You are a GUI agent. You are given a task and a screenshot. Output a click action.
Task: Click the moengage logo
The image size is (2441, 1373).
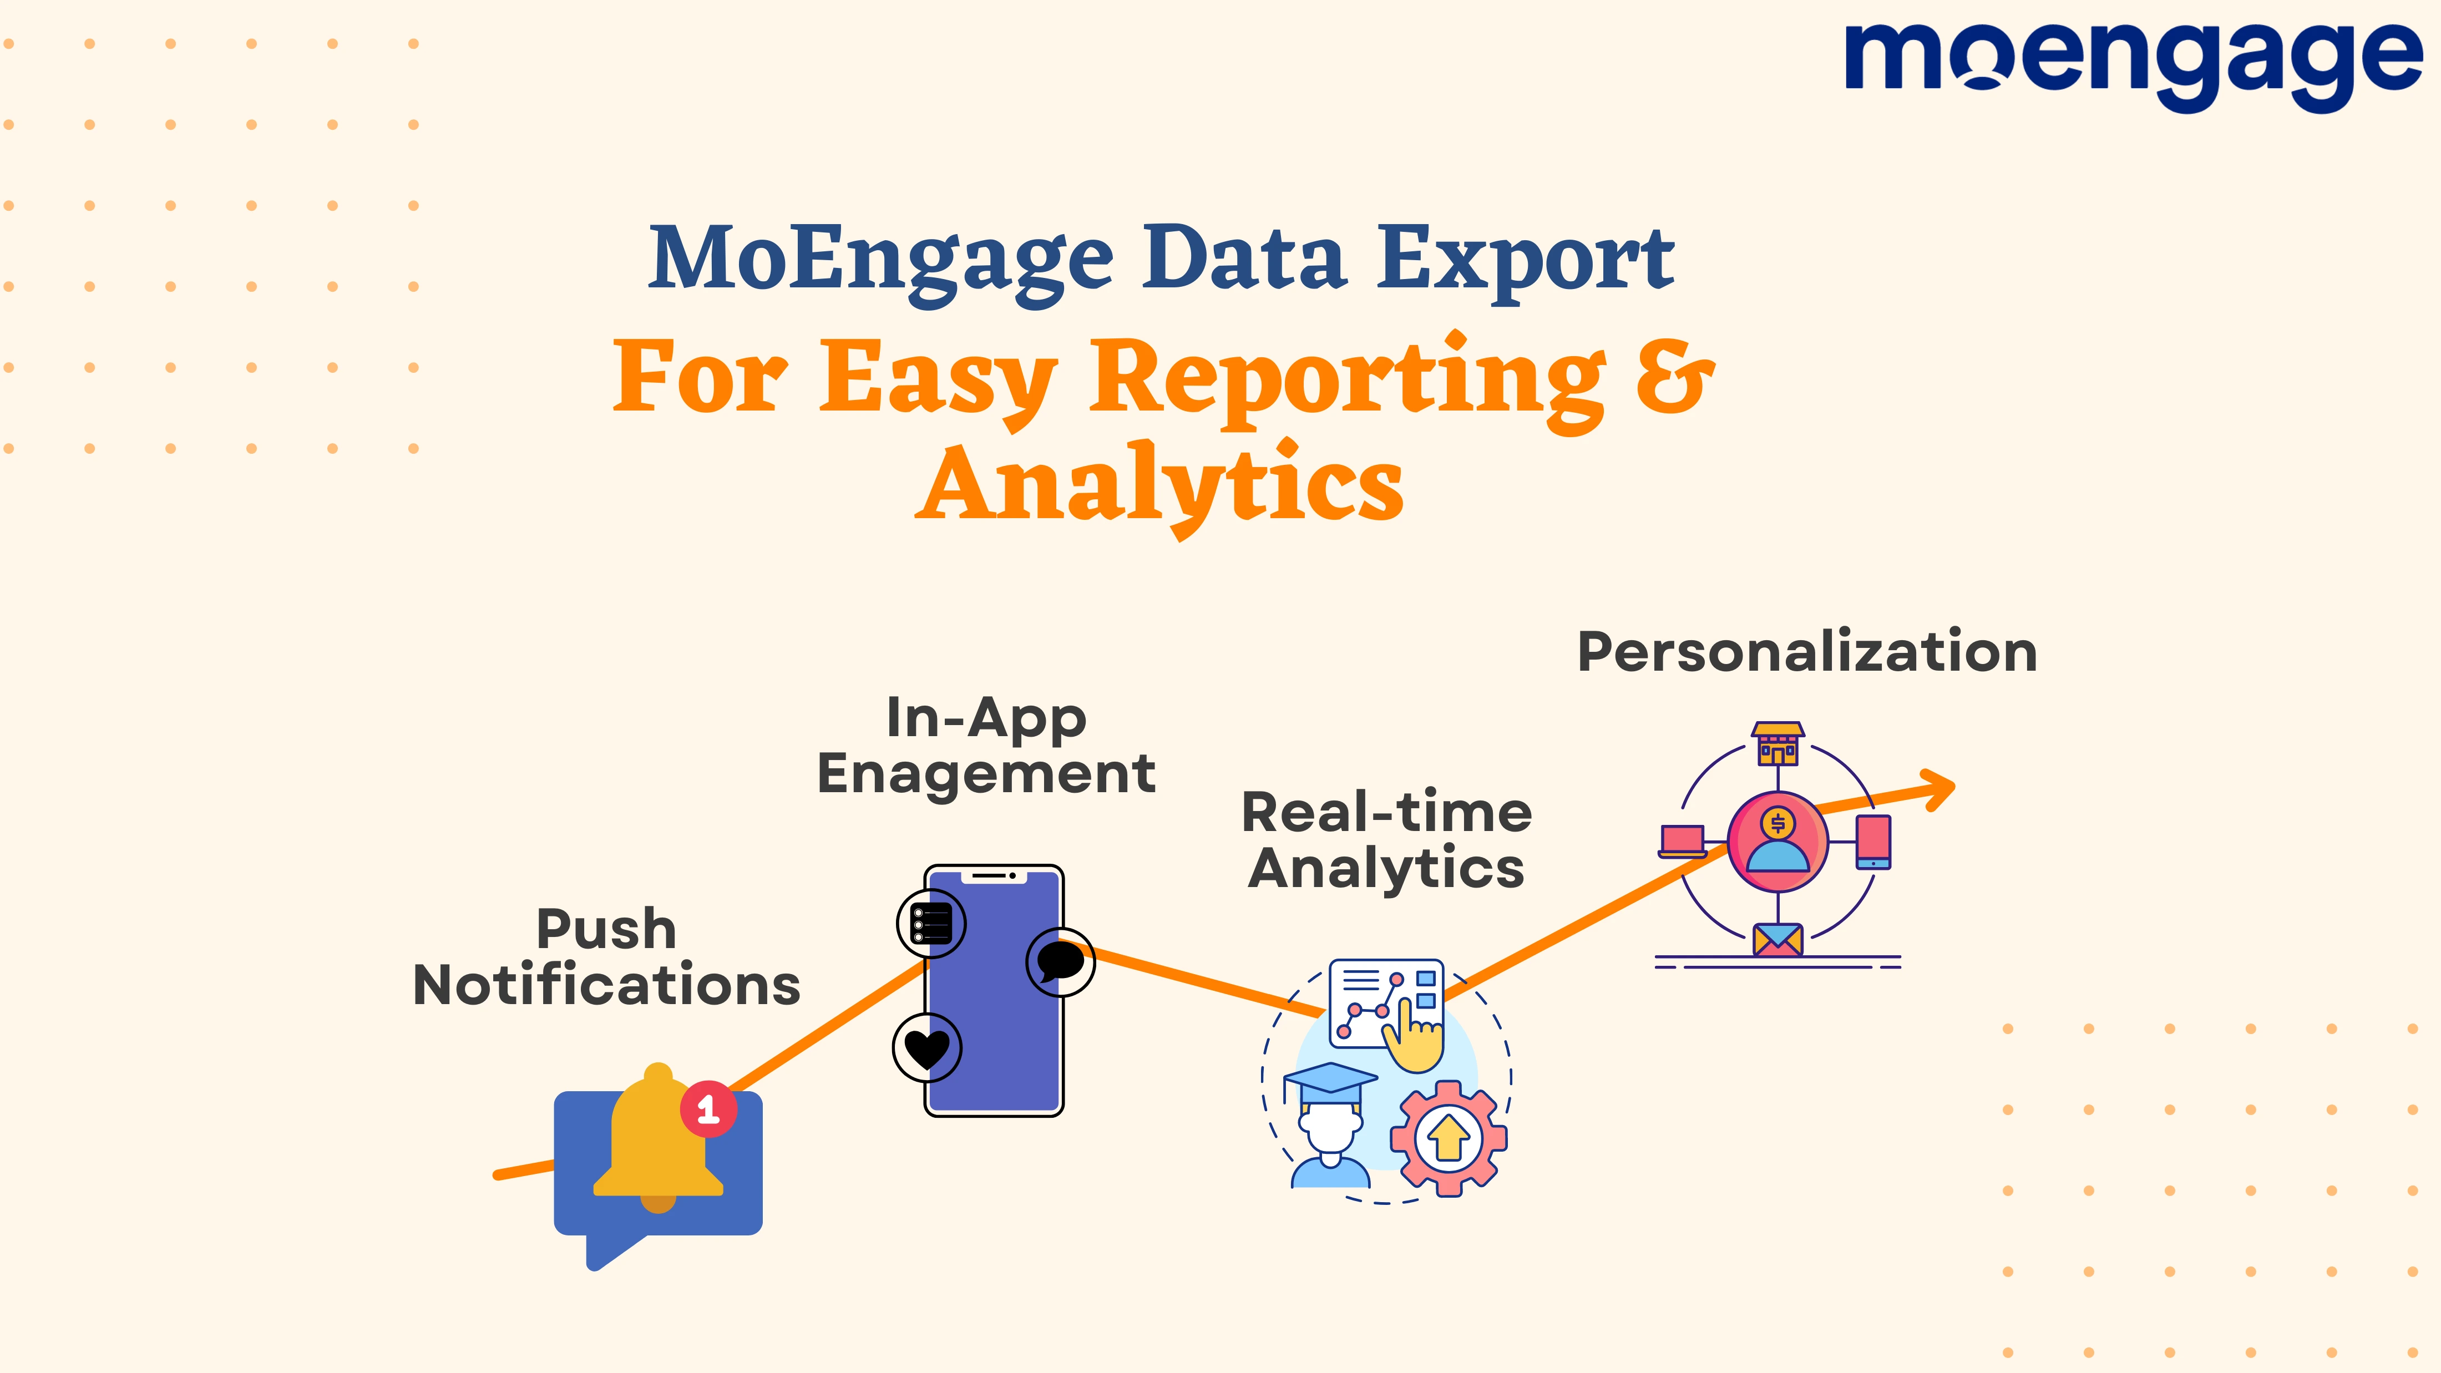[x=2132, y=64]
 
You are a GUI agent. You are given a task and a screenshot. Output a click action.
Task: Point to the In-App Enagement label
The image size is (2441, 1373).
[x=985, y=746]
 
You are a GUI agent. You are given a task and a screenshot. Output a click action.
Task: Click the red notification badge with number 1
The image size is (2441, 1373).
[x=708, y=1108]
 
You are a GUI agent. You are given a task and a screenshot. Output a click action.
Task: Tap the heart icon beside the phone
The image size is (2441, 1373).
[x=926, y=1048]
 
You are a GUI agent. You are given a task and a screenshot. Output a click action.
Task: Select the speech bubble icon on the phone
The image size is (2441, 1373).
[x=1060, y=962]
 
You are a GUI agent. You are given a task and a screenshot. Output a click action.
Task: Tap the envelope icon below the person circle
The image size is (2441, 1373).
[x=1777, y=940]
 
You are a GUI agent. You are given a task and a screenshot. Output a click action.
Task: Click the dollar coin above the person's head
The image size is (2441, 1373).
[x=1777, y=823]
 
